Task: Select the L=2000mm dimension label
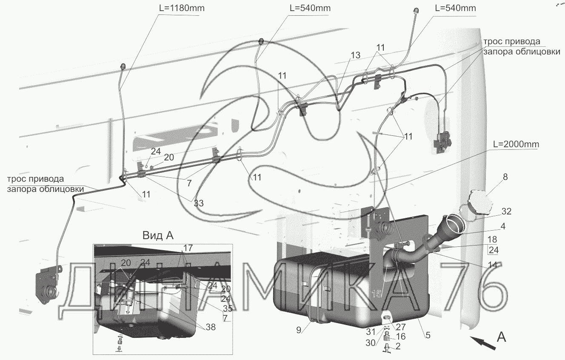click(516, 144)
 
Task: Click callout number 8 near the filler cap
click(505, 177)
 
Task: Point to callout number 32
click(506, 211)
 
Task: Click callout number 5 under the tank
click(428, 335)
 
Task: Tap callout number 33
click(199, 203)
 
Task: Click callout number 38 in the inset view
click(210, 327)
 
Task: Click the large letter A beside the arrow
click(502, 337)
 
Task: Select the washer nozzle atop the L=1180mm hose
click(124, 66)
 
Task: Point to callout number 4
click(503, 227)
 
